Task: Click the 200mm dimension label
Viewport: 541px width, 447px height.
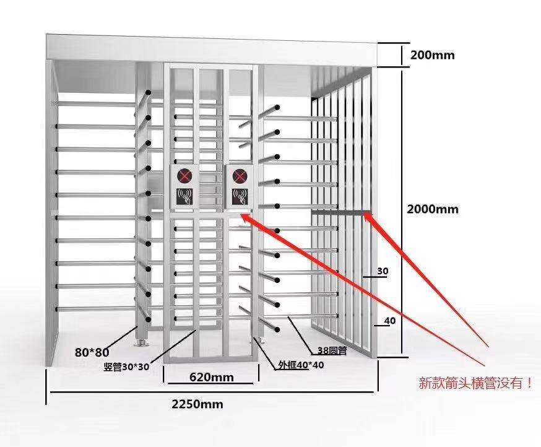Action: (x=432, y=55)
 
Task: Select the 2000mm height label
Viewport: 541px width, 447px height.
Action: (x=433, y=209)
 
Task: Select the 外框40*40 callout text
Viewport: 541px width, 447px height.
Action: (x=301, y=365)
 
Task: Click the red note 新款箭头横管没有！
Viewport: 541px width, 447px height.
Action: (x=475, y=383)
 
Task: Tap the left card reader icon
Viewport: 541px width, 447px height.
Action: (x=184, y=197)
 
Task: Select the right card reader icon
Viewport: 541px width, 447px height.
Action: (x=240, y=197)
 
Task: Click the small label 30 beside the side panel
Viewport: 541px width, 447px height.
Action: (x=383, y=271)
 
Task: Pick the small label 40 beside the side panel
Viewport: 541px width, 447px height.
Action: (x=390, y=321)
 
